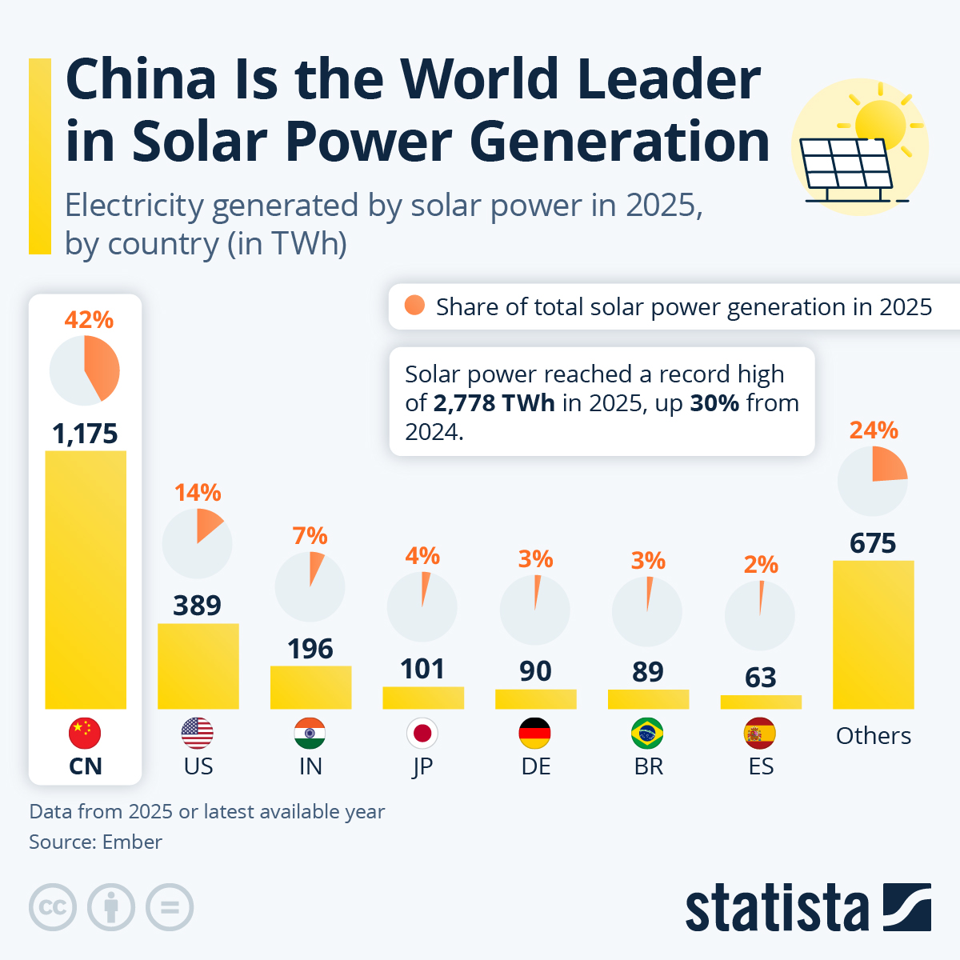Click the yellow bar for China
(86, 580)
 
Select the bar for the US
(198, 666)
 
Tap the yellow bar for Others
(873, 634)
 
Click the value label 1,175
(86, 434)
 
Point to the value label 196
(310, 649)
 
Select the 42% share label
(89, 320)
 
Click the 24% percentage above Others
(874, 430)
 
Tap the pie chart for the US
(198, 543)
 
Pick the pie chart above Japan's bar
(422, 606)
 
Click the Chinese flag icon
(86, 733)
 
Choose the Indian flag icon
(310, 733)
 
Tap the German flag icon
(535, 733)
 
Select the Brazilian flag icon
(648, 733)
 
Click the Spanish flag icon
(760, 733)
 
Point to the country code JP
(422, 766)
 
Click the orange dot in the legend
(414, 306)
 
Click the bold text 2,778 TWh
(494, 403)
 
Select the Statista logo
(808, 908)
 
